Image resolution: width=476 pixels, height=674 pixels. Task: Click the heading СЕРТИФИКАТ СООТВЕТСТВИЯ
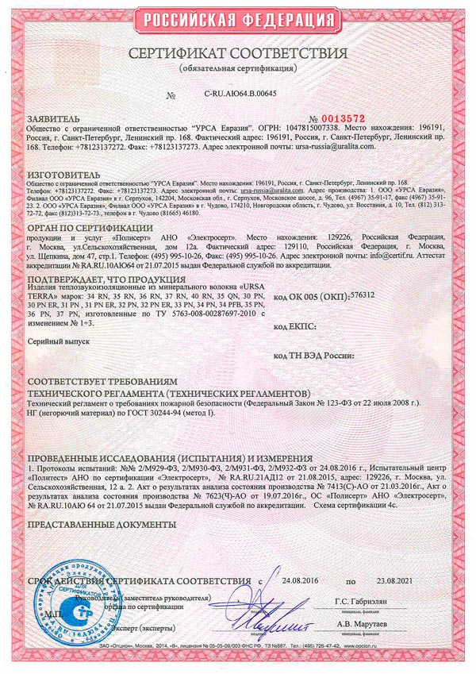238,54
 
